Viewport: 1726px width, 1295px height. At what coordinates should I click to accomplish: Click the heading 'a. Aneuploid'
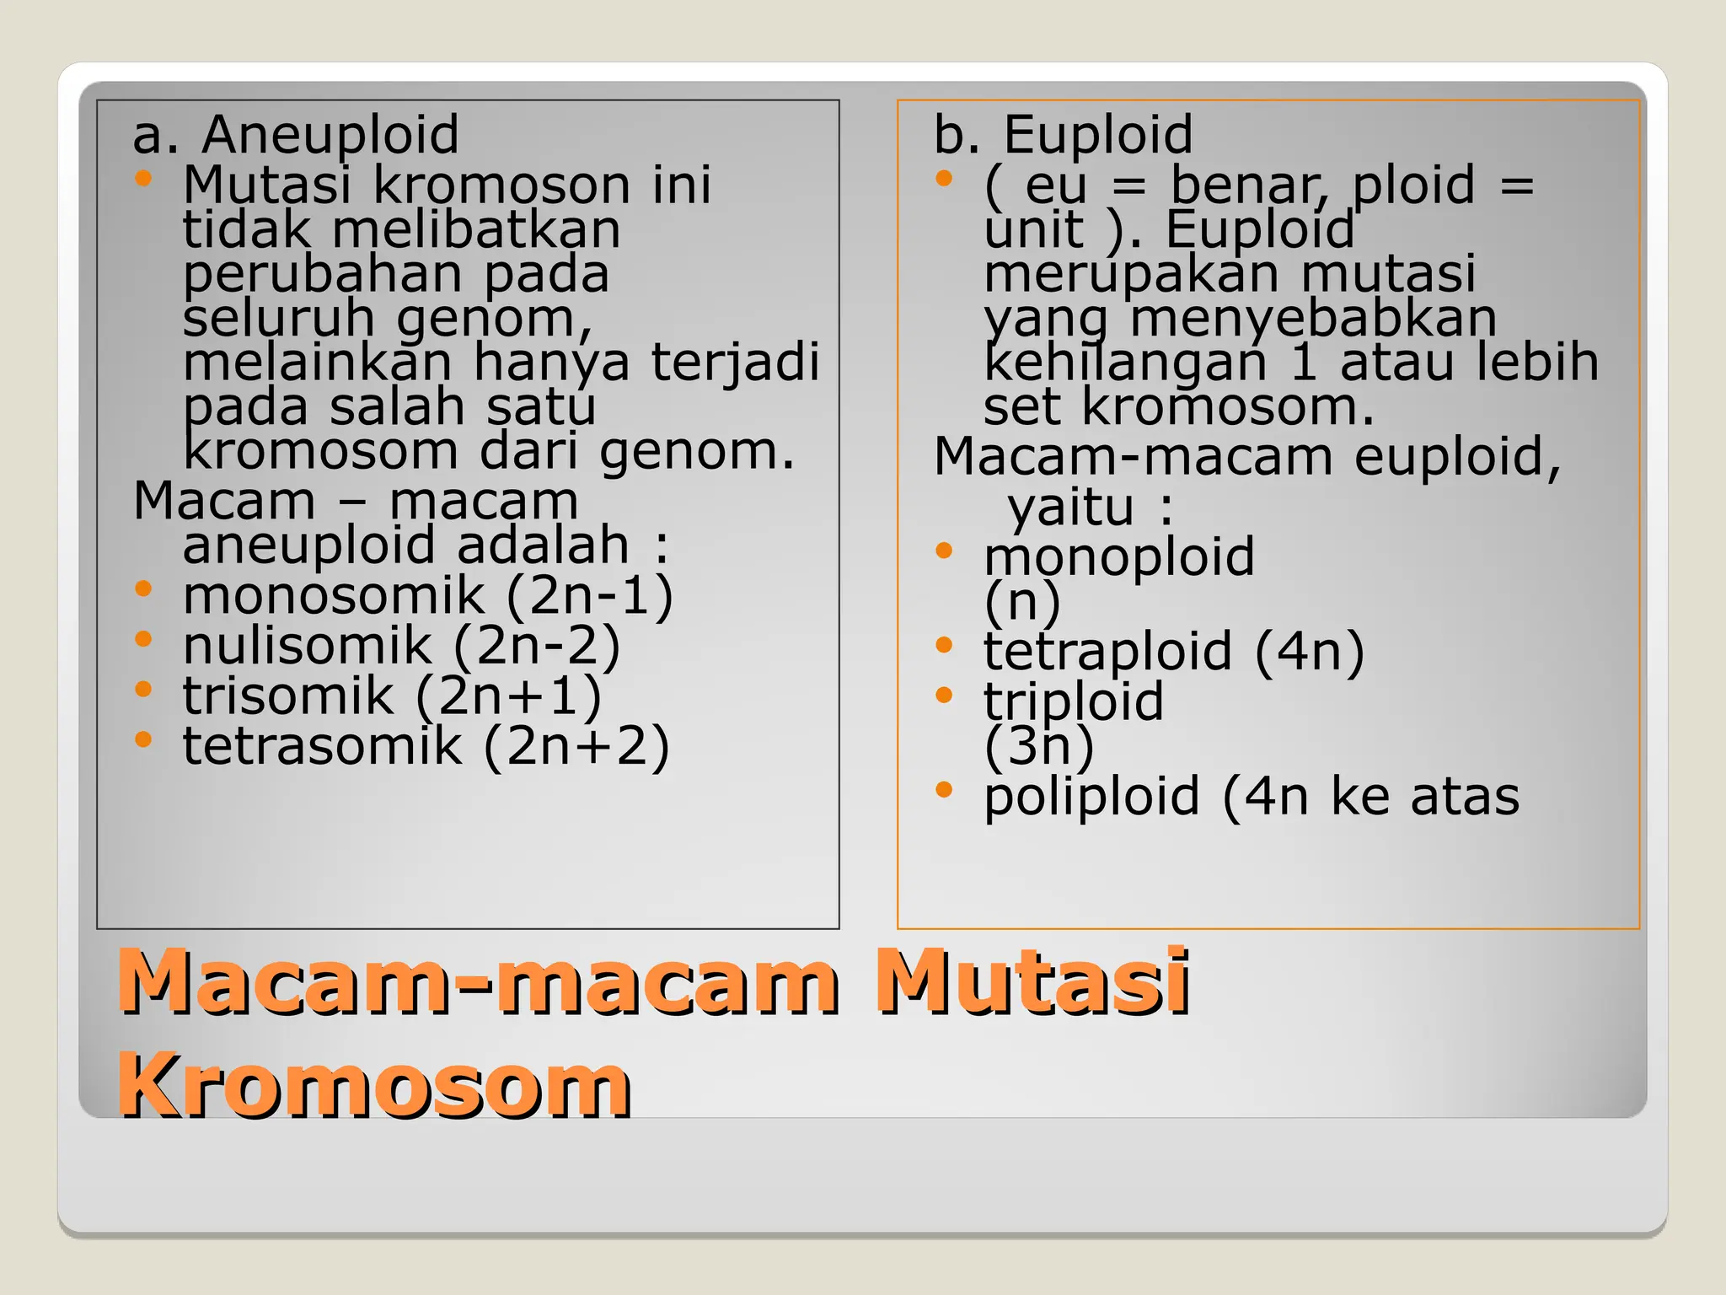pyautogui.click(x=296, y=135)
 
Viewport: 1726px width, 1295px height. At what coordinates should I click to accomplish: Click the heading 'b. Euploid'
pyautogui.click(x=1063, y=135)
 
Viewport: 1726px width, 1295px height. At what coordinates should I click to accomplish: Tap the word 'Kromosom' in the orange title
pyautogui.click(x=374, y=1085)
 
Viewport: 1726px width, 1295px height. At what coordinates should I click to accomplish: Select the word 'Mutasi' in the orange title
pyautogui.click(x=1032, y=981)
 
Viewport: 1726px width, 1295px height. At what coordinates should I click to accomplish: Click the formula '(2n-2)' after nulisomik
pyautogui.click(x=537, y=646)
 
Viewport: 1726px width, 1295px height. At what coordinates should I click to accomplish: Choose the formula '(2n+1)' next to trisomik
pyautogui.click(x=509, y=696)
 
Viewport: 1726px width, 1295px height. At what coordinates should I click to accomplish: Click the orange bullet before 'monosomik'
pyautogui.click(x=143, y=588)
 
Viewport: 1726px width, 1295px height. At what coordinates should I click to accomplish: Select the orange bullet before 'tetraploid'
pyautogui.click(x=943, y=645)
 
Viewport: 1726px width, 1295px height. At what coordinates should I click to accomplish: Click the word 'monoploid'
pyautogui.click(x=1119, y=557)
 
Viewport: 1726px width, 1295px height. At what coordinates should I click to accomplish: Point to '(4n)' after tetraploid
pyautogui.click(x=1310, y=652)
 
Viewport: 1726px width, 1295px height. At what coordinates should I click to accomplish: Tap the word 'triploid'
pyautogui.click(x=1074, y=701)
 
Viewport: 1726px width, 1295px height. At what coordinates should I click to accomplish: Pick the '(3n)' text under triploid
pyautogui.click(x=1039, y=745)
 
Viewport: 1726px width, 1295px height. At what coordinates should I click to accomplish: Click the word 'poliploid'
pyautogui.click(x=1091, y=797)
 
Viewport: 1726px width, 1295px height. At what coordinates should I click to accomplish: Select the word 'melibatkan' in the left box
pyautogui.click(x=476, y=229)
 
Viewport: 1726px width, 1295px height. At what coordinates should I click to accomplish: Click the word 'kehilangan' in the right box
pyautogui.click(x=1125, y=363)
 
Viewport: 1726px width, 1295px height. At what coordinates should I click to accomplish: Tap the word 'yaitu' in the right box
pyautogui.click(x=1071, y=508)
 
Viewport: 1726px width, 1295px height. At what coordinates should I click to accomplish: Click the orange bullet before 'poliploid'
pyautogui.click(x=943, y=790)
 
